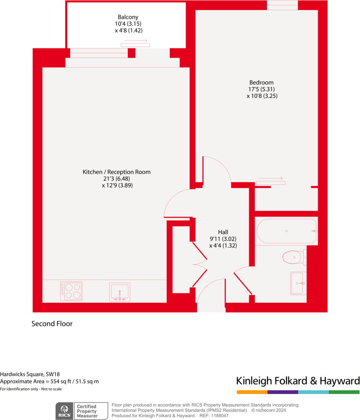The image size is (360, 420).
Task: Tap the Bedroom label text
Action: point(261,82)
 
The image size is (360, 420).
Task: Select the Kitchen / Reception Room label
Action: point(117,172)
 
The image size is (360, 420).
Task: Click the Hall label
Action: point(223,232)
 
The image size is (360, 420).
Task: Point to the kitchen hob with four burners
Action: point(71,291)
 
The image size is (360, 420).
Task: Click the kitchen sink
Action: point(120,292)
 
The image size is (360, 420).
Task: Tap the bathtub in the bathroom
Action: point(286,231)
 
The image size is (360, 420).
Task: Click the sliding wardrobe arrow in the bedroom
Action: point(271,180)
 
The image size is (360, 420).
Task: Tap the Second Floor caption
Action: point(52,324)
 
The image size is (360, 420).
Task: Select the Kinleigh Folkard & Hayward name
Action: point(298,381)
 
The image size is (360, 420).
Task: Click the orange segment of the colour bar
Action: point(252,392)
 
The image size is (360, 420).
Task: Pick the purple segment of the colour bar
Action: point(283,392)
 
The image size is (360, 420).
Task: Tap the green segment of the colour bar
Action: point(344,392)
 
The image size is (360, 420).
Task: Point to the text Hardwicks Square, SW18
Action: point(27,374)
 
